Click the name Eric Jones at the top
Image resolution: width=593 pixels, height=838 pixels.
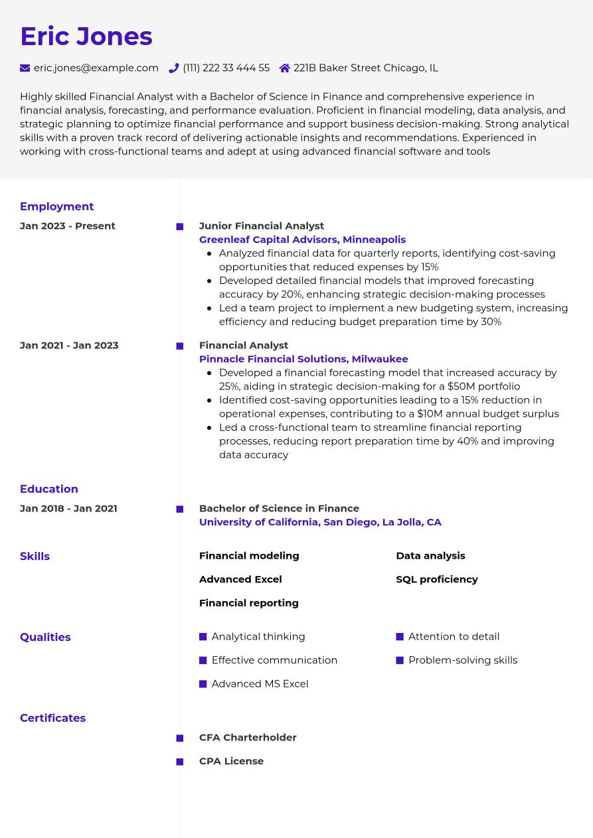86,36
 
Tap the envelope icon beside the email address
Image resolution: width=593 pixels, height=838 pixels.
25,68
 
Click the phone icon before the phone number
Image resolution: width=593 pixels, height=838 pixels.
174,68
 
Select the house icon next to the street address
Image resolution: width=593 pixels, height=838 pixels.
285,68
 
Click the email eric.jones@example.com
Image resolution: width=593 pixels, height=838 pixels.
96,68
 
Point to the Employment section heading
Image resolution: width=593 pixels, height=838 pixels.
56,206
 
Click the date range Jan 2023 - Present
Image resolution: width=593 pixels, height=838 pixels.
68,226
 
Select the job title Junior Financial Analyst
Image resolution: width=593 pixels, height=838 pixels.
262,226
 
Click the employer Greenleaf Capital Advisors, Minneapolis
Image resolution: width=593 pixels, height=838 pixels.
302,240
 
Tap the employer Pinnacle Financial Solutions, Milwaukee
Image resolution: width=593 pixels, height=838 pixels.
303,359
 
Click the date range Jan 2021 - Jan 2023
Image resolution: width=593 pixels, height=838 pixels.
69,345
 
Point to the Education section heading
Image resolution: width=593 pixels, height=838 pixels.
49,489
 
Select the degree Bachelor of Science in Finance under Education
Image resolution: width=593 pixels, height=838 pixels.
279,508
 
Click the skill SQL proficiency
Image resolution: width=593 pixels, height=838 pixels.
437,579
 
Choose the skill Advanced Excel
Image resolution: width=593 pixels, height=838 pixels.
240,579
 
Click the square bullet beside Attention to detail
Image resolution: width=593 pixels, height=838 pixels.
400,637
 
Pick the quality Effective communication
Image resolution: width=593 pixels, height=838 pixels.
274,660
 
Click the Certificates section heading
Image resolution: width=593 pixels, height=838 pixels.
52,718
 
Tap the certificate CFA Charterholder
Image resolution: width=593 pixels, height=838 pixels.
248,737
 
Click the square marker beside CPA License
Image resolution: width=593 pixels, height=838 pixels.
180,762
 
